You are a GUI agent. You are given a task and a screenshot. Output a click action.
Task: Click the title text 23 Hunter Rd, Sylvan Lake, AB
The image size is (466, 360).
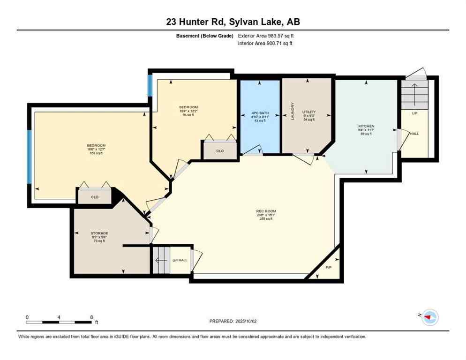(233, 22)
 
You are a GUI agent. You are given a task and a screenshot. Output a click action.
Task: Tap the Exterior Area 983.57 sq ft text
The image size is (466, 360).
(266, 36)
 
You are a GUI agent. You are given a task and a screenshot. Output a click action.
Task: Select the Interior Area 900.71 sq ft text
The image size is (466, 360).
(265, 44)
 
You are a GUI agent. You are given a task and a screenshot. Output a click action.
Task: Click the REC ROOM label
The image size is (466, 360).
(266, 211)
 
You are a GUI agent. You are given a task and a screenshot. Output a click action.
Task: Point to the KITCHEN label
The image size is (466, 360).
(366, 126)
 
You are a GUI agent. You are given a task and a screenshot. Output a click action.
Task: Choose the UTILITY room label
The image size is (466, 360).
(308, 112)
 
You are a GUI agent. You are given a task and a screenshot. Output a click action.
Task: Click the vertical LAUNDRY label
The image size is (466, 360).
(292, 112)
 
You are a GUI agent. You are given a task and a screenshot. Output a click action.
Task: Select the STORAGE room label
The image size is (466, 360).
(99, 233)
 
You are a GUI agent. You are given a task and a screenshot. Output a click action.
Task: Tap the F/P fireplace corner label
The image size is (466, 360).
(329, 268)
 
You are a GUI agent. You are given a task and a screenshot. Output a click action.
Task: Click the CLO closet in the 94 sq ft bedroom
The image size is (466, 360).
(220, 151)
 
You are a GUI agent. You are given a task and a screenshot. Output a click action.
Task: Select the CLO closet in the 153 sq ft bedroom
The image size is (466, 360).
(95, 197)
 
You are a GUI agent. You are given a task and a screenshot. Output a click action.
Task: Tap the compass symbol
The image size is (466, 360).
(429, 317)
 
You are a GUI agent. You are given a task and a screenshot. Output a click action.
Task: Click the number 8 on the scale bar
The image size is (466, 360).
(91, 317)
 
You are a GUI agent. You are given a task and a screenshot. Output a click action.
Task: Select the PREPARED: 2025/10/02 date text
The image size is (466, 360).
(233, 321)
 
